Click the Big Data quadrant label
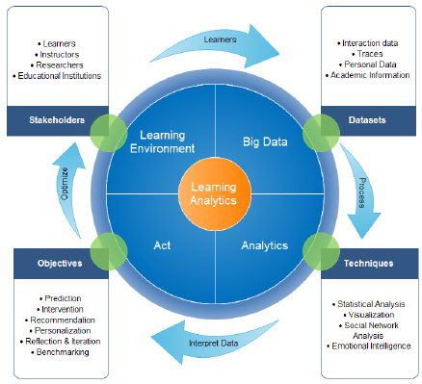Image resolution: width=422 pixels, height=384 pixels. tap(256, 141)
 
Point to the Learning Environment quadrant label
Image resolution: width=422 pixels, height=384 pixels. tap(169, 141)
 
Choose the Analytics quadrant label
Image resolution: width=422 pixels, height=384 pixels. tap(264, 245)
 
